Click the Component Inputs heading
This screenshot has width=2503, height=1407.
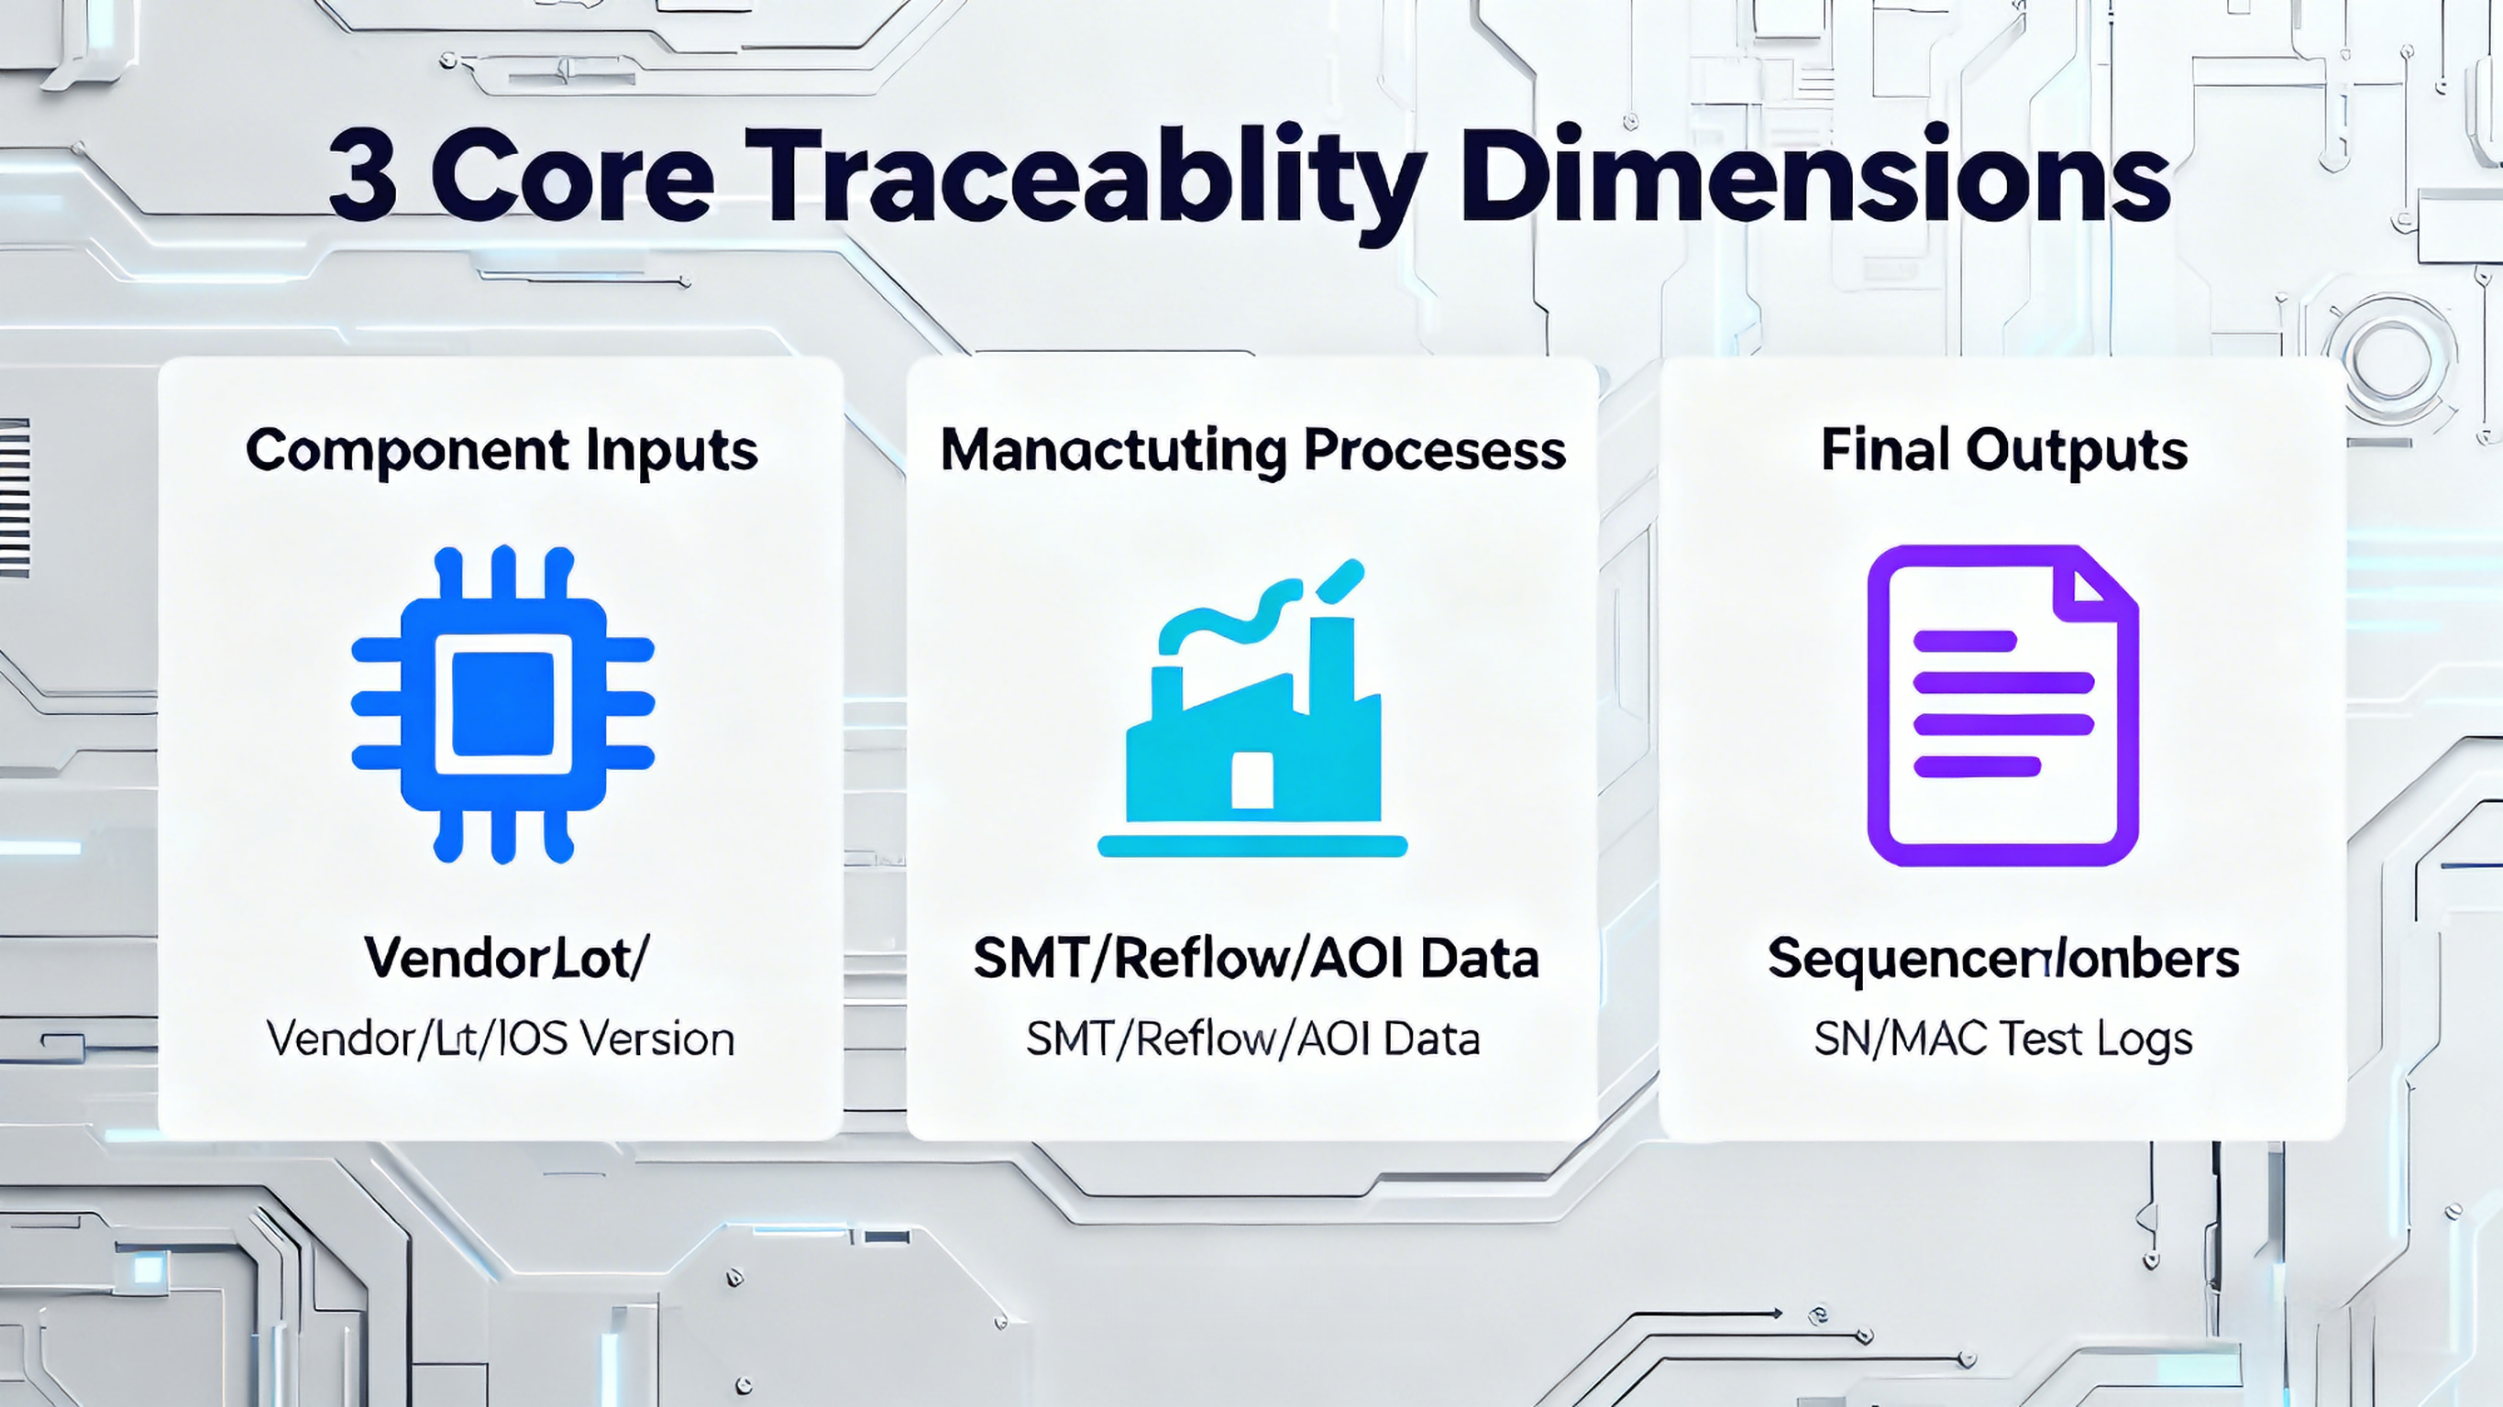502,451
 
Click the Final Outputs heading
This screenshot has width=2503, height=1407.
2003,451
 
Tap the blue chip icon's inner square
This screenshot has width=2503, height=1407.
503,704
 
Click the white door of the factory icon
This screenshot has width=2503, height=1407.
1252,779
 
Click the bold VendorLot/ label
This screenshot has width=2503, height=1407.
505,958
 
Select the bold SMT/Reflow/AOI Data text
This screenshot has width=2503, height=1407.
1255,958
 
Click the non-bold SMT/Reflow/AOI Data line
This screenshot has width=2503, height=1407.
1252,1039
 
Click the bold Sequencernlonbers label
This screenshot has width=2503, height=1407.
2003,958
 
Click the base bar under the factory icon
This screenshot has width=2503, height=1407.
1252,846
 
